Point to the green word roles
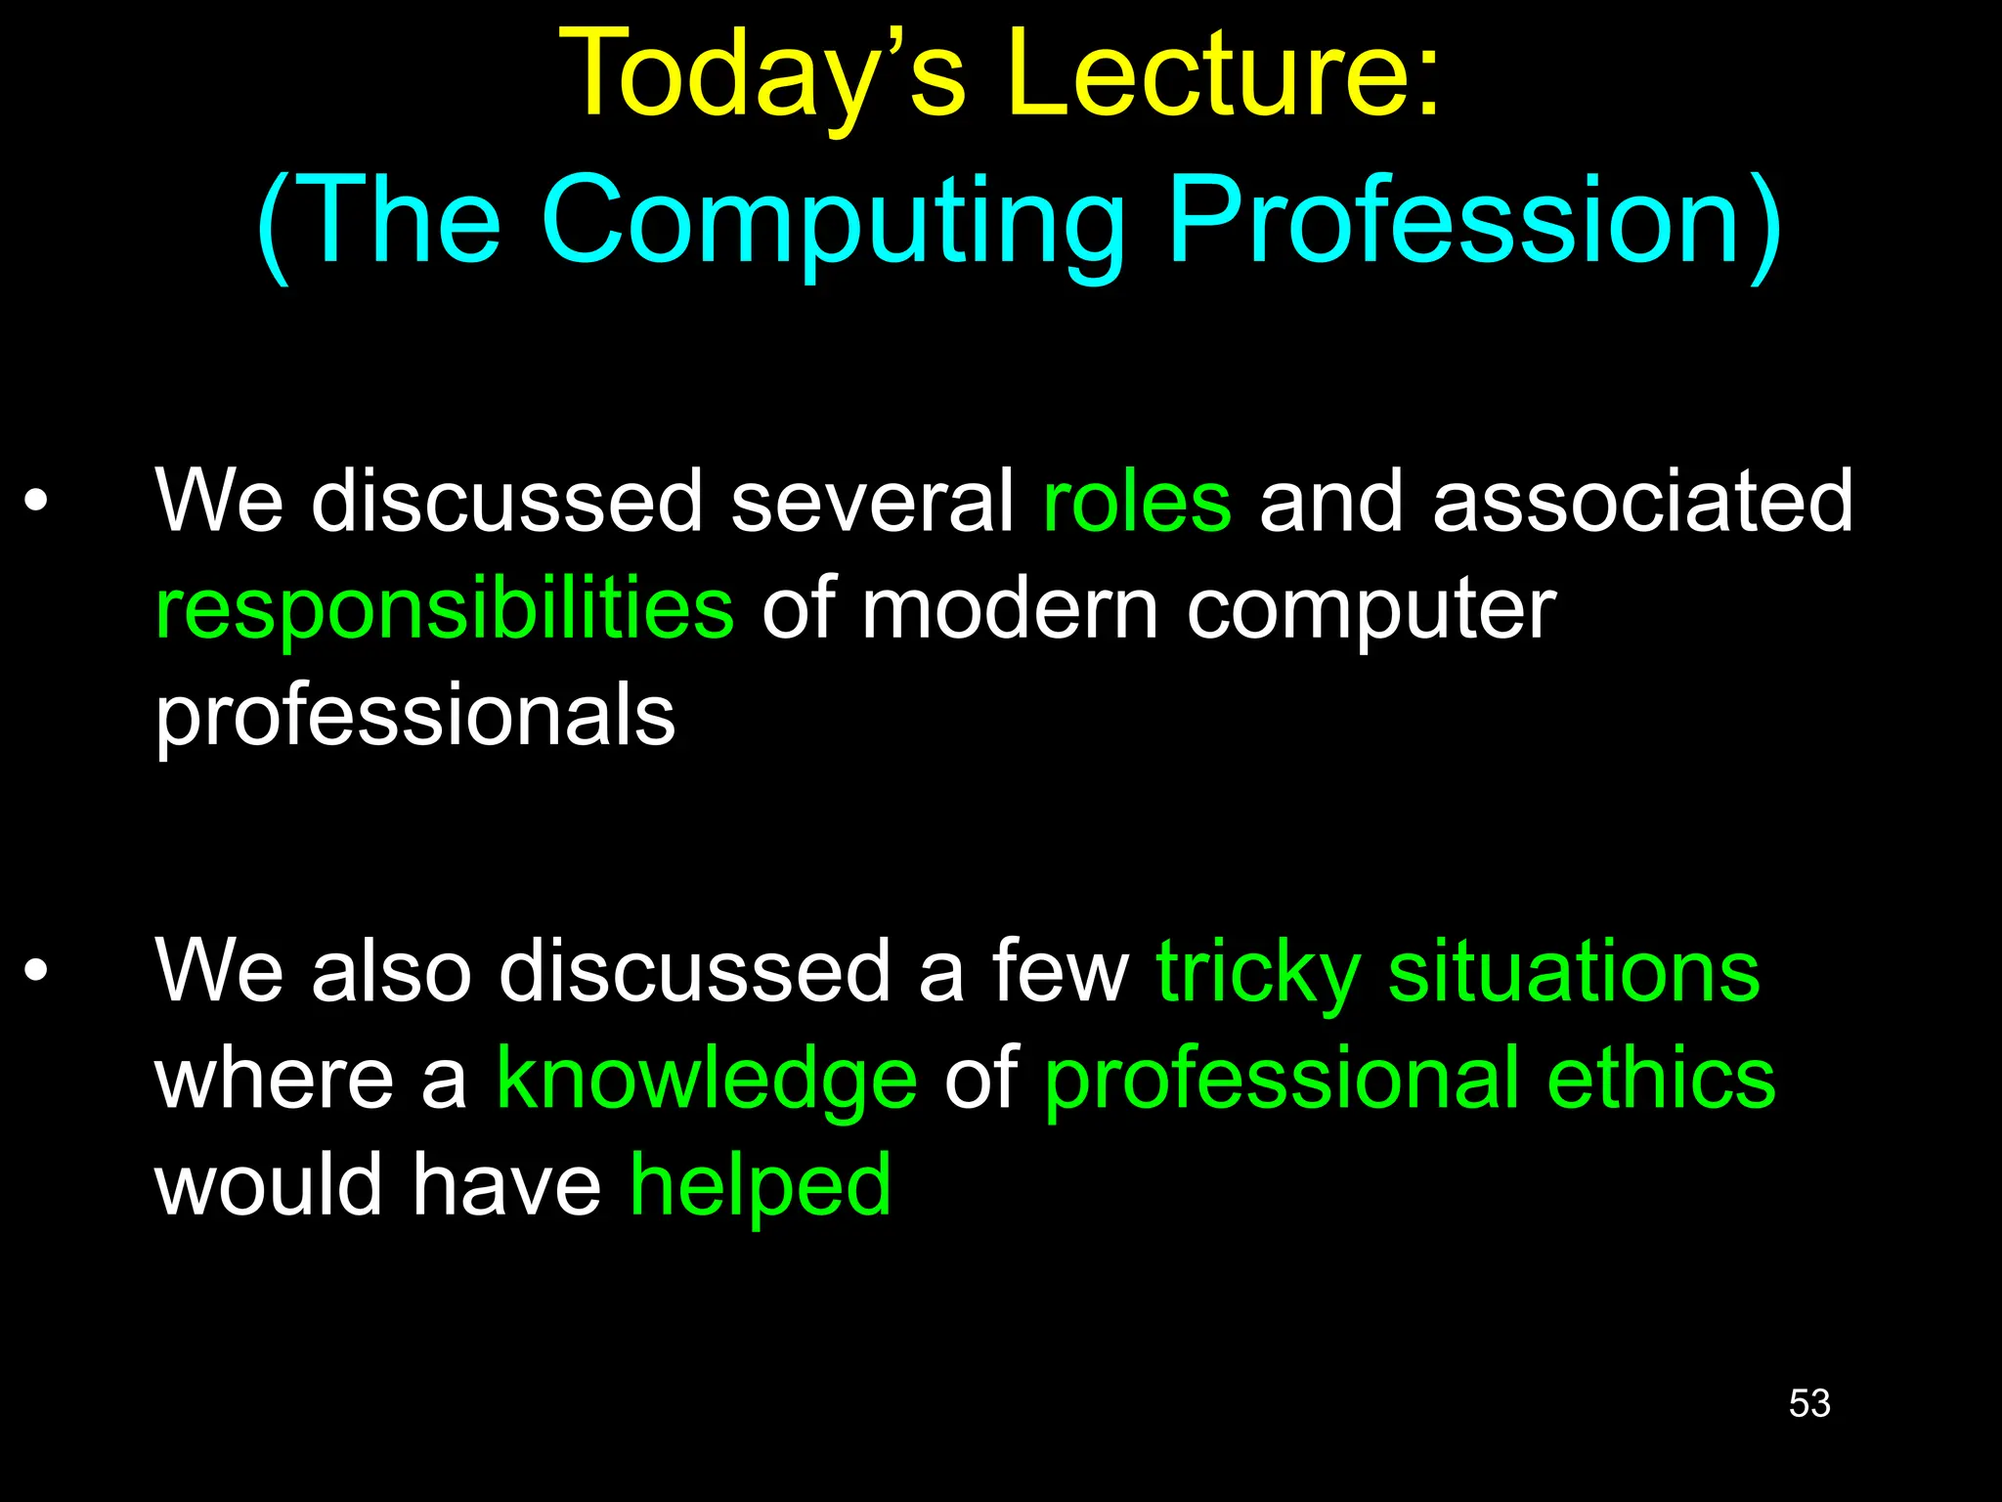point(1137,501)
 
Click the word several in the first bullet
point(873,501)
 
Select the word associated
point(1642,501)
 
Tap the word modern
point(1010,608)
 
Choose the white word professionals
point(415,716)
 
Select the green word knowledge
point(706,1080)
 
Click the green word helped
point(761,1185)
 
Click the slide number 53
point(1809,1403)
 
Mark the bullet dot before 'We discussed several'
point(36,502)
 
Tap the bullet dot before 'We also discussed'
point(36,971)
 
